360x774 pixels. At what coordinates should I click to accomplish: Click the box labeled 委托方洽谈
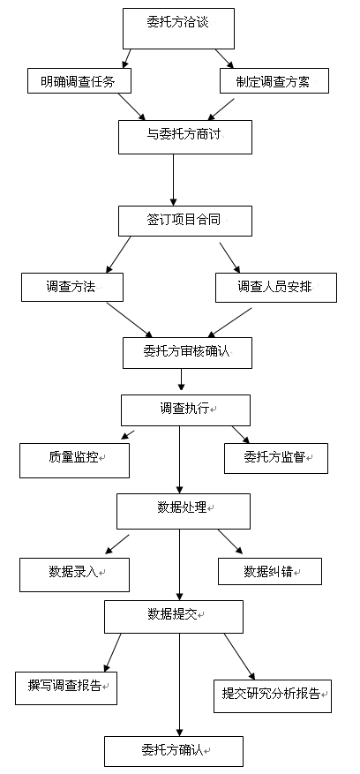click(x=179, y=28)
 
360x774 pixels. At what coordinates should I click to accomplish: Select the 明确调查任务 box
click(x=79, y=81)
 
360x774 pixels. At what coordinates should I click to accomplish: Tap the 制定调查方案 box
click(x=274, y=81)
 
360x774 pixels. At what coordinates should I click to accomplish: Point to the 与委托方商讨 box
click(x=185, y=137)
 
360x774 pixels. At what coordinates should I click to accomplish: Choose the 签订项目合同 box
click(x=185, y=221)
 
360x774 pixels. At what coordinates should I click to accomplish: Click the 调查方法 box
click(x=72, y=287)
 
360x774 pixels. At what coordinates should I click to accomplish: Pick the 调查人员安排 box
click(x=276, y=288)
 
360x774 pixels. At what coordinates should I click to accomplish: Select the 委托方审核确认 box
click(x=187, y=353)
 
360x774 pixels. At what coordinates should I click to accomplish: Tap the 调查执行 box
click(x=185, y=410)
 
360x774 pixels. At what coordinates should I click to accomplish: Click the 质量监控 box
click(x=75, y=461)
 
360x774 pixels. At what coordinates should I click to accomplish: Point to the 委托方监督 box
click(x=276, y=459)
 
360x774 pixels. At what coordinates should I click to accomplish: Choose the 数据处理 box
click(x=184, y=511)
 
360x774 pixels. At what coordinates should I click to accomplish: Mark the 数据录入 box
click(x=75, y=575)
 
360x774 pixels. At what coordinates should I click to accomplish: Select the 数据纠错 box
click(x=270, y=572)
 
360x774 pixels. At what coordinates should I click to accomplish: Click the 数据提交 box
click(x=174, y=617)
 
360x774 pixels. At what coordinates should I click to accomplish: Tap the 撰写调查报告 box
click(x=66, y=688)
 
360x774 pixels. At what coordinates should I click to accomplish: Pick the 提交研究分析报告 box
click(x=273, y=696)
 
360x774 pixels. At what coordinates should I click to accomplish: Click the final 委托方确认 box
click(x=174, y=751)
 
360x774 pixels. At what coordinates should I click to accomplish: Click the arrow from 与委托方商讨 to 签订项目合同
click(x=173, y=180)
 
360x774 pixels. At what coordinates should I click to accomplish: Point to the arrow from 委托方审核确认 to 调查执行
click(x=181, y=381)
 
